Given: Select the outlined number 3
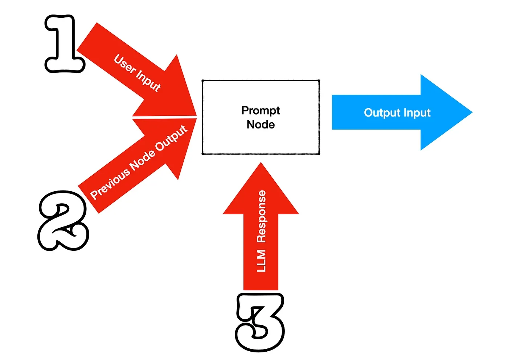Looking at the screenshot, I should click(x=260, y=322).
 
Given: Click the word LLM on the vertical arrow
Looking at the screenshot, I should click(x=261, y=261).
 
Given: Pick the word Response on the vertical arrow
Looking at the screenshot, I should click(x=261, y=216).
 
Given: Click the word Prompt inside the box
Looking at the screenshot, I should click(x=261, y=110).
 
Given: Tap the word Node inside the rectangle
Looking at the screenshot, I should click(x=261, y=124).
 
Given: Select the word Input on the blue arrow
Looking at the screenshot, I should click(x=417, y=112).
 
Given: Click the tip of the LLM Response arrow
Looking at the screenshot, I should click(x=261, y=163).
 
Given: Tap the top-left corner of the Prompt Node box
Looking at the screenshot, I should click(x=202, y=81).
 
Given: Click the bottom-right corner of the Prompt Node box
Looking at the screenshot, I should click(x=319, y=154).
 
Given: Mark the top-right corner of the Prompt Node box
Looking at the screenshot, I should click(x=319, y=81).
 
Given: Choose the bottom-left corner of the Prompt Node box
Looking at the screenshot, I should click(x=202, y=154).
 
